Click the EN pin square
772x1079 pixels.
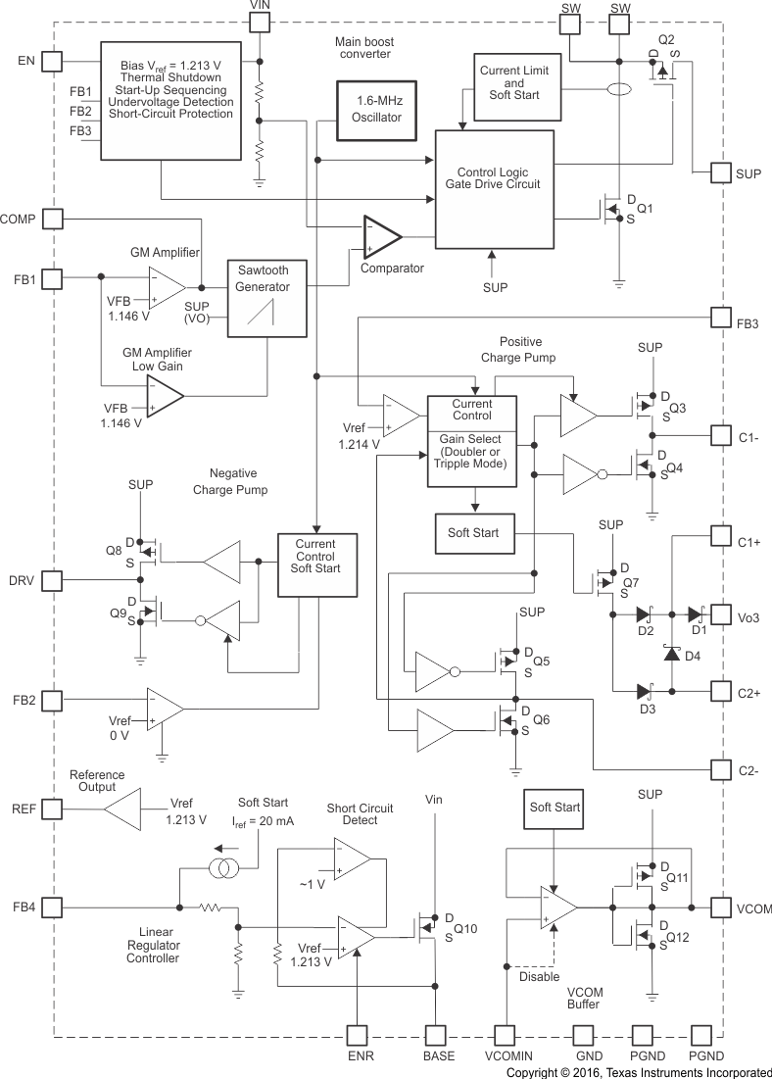(x=52, y=62)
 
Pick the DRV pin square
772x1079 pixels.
(x=52, y=581)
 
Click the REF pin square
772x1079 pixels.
(x=52, y=809)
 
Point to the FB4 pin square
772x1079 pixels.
(x=52, y=907)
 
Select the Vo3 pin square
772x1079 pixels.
(x=721, y=616)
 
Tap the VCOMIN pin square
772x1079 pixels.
(x=507, y=1035)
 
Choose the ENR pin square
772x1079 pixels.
(x=360, y=1035)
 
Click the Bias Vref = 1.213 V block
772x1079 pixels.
(x=171, y=100)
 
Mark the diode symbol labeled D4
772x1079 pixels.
(x=671, y=652)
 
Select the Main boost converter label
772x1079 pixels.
(x=362, y=48)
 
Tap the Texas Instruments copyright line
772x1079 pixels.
(x=638, y=1072)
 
